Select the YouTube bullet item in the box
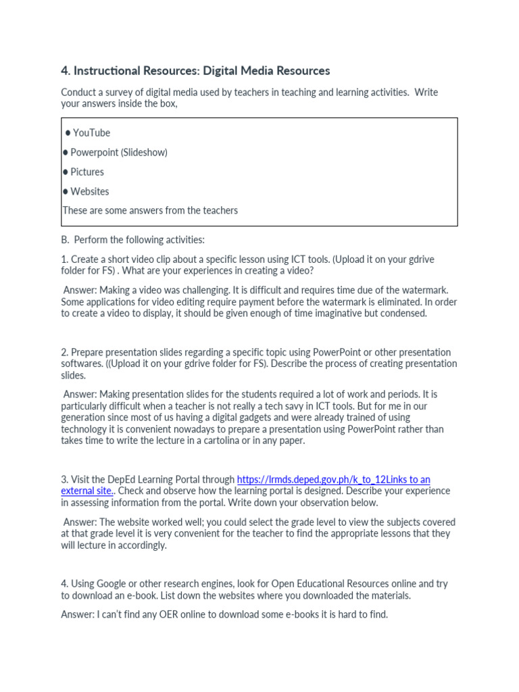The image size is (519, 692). (91, 133)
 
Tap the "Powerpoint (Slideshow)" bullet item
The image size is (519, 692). (119, 153)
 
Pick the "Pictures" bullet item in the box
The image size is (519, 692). (87, 172)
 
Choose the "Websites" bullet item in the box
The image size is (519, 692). (89, 192)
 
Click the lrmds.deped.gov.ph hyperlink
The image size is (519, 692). (333, 480)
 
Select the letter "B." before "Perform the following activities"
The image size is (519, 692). (65, 240)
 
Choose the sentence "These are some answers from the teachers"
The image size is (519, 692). (150, 211)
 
